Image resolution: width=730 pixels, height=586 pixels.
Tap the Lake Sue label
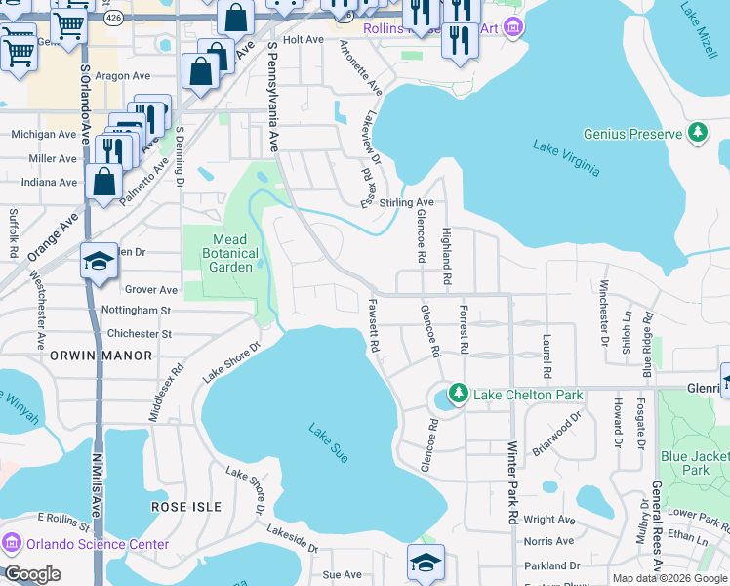coord(329,443)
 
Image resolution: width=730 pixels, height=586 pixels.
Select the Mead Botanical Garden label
coord(230,253)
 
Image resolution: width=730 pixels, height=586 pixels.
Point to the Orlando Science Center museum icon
coord(12,544)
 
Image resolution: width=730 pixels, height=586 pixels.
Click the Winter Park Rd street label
coord(512,478)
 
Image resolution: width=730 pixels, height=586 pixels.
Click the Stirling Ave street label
coord(406,202)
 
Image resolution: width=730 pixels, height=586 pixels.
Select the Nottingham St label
coord(137,311)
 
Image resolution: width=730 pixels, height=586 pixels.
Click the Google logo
coord(32,574)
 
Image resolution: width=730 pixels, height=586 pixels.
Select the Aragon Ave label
coord(123,74)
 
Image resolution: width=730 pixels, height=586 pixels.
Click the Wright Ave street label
coord(549,520)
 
